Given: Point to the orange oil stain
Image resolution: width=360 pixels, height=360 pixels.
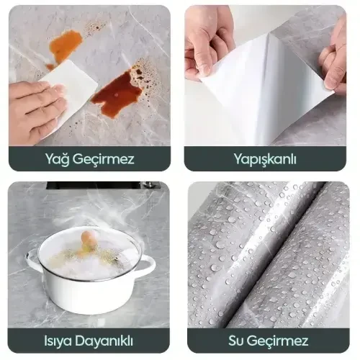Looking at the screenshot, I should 66,45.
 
